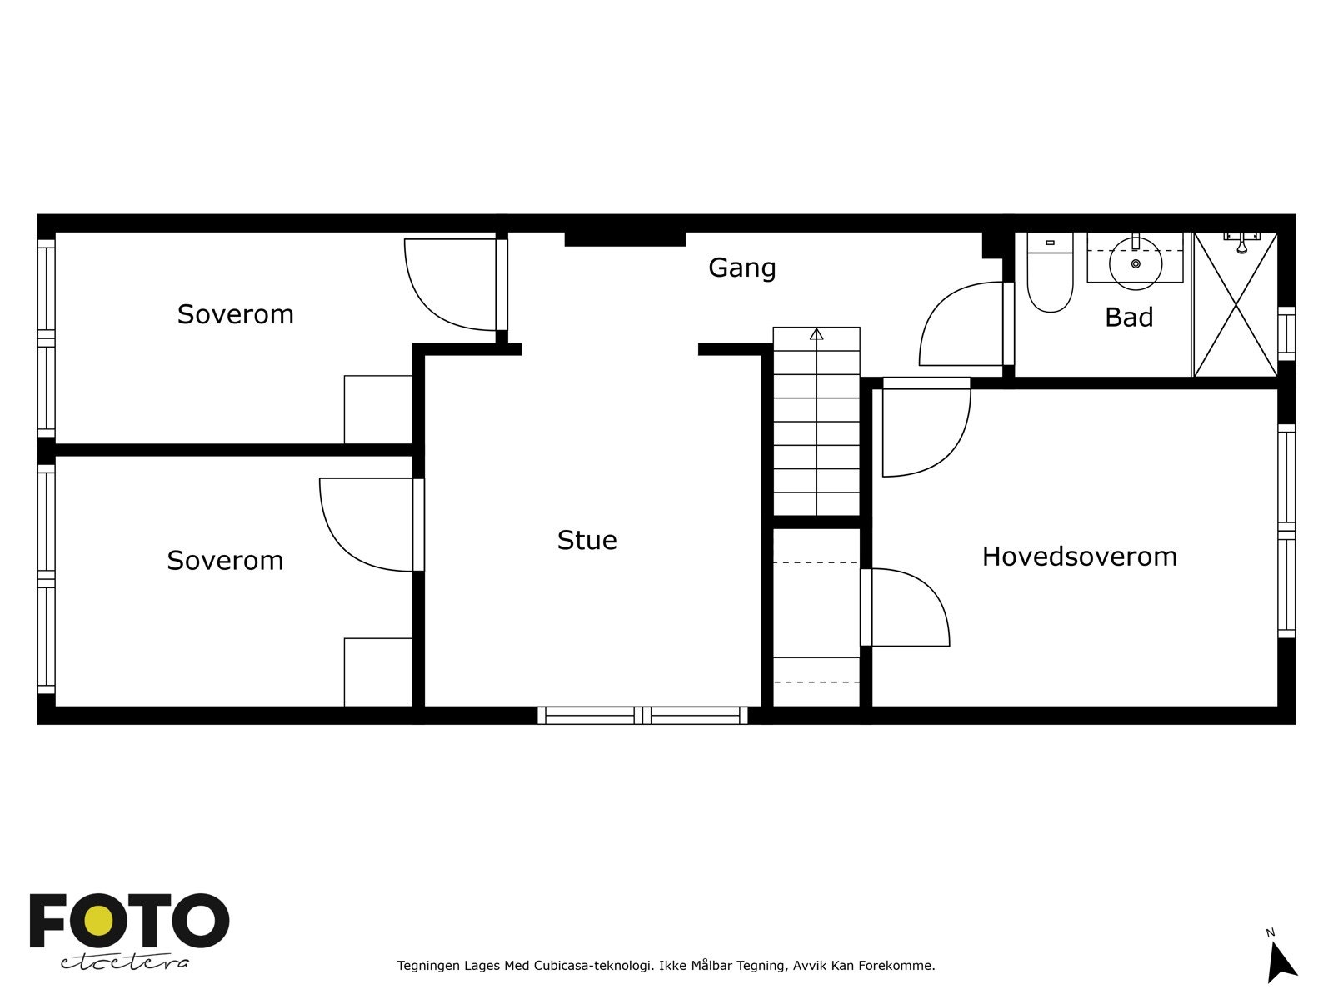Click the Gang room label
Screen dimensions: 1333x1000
point(741,268)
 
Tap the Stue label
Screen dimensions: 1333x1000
point(587,540)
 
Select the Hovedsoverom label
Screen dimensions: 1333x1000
point(1079,556)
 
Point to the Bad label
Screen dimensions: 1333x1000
point(1128,317)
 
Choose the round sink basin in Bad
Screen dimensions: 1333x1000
point(1135,263)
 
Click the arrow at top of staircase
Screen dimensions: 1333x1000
point(816,334)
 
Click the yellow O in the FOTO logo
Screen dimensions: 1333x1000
point(99,920)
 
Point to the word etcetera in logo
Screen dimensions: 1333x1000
point(124,962)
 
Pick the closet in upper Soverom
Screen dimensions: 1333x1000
point(378,409)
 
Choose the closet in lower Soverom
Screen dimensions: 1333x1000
point(378,672)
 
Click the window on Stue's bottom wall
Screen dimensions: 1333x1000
point(642,716)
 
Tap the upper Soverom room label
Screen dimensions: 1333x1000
point(235,314)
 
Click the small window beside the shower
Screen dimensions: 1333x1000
point(1286,333)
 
